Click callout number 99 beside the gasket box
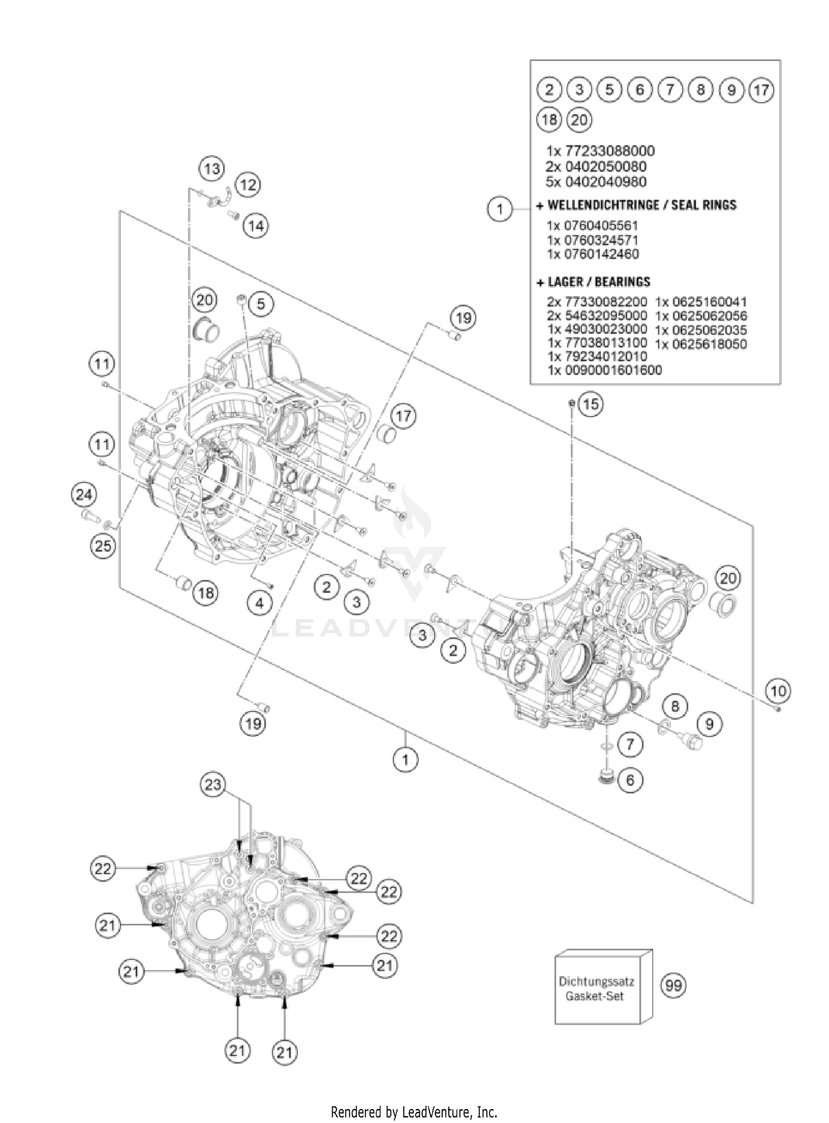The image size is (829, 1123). coord(674,985)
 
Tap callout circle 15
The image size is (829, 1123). coord(590,404)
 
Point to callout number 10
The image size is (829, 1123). coord(778,690)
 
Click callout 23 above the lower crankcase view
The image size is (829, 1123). coord(213,784)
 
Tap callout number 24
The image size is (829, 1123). coord(84,494)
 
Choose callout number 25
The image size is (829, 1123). coord(103,546)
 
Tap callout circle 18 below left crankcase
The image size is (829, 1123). coord(206,593)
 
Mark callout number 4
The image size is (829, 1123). coord(260,603)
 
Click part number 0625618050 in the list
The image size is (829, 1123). coord(701,344)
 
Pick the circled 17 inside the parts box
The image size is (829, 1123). coord(762,89)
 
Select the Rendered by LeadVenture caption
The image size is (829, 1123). coord(414,1111)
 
